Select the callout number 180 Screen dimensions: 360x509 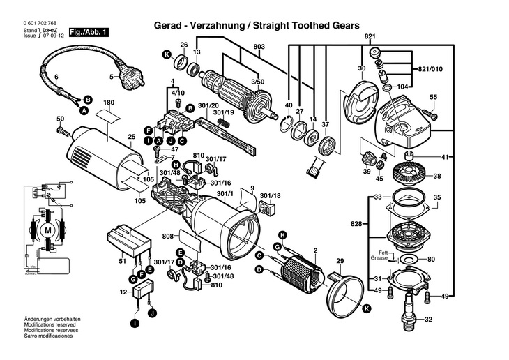tap(109, 103)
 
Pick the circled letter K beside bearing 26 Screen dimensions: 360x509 tap(166, 54)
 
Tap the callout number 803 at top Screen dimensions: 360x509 tap(259, 47)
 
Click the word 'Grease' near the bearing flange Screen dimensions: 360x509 tap(379, 258)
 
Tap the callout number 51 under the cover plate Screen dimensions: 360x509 tap(123, 262)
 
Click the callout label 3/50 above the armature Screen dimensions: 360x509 tap(258, 82)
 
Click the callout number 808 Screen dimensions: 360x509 tap(168, 237)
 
